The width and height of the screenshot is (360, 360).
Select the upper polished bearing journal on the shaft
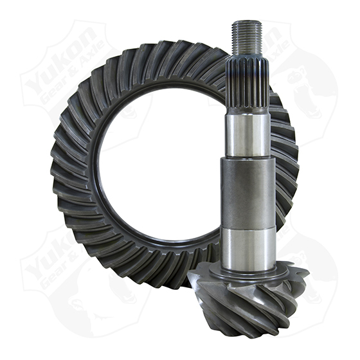(248, 136)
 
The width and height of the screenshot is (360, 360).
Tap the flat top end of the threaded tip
(247, 22)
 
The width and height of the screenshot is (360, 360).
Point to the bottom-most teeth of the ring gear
(161, 276)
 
